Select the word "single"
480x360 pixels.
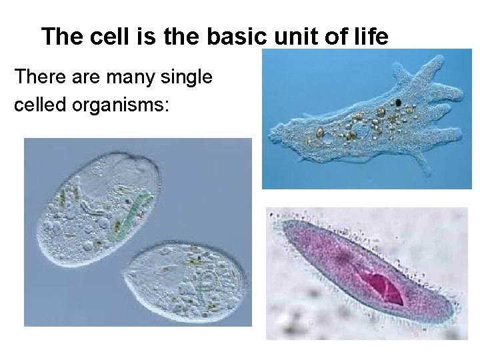191,78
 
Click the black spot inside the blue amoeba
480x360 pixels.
398,103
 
